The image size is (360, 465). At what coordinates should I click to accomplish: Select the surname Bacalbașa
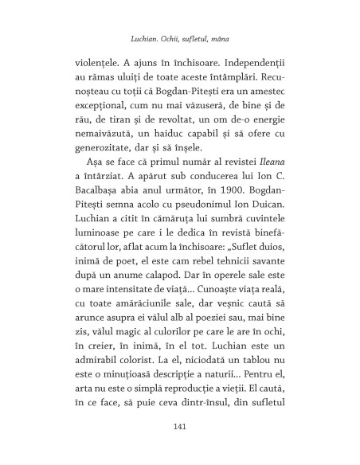[x=90, y=201]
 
